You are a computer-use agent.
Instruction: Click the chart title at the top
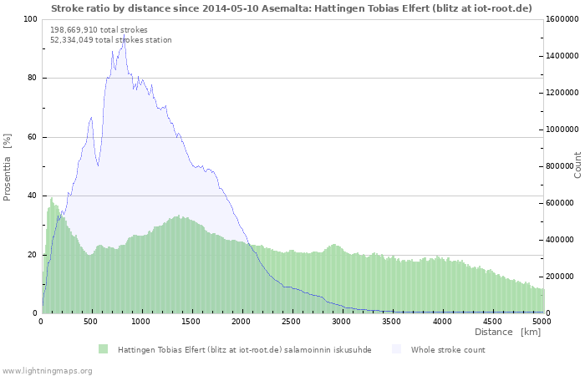292,8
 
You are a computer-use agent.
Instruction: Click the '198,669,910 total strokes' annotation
99,30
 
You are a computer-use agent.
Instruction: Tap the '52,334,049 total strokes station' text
111,40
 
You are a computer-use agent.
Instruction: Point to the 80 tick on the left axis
32,79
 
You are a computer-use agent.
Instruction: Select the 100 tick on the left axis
30,19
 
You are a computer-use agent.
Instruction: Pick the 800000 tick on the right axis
562,166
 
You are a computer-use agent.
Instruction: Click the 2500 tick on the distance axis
292,321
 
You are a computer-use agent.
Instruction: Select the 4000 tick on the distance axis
442,321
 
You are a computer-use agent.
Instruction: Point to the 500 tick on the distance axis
91,321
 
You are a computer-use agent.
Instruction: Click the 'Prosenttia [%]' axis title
8,166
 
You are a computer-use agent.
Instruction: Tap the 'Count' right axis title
577,165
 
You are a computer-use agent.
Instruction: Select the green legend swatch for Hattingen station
104,349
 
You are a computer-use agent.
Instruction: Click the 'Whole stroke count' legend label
448,350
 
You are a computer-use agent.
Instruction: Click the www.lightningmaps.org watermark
47,370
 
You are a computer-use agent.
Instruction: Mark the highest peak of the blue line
125,37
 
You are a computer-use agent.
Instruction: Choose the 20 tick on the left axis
32,255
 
